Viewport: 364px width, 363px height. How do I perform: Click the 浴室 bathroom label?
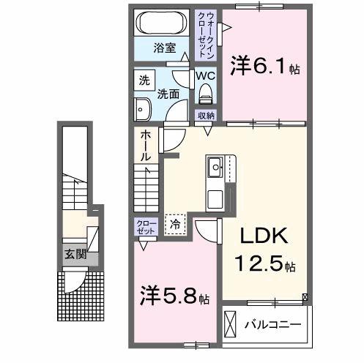[164, 49]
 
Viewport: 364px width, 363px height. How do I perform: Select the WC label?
[205, 74]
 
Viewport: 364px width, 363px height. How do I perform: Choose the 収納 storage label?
[206, 116]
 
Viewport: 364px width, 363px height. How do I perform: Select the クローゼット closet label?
[144, 225]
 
